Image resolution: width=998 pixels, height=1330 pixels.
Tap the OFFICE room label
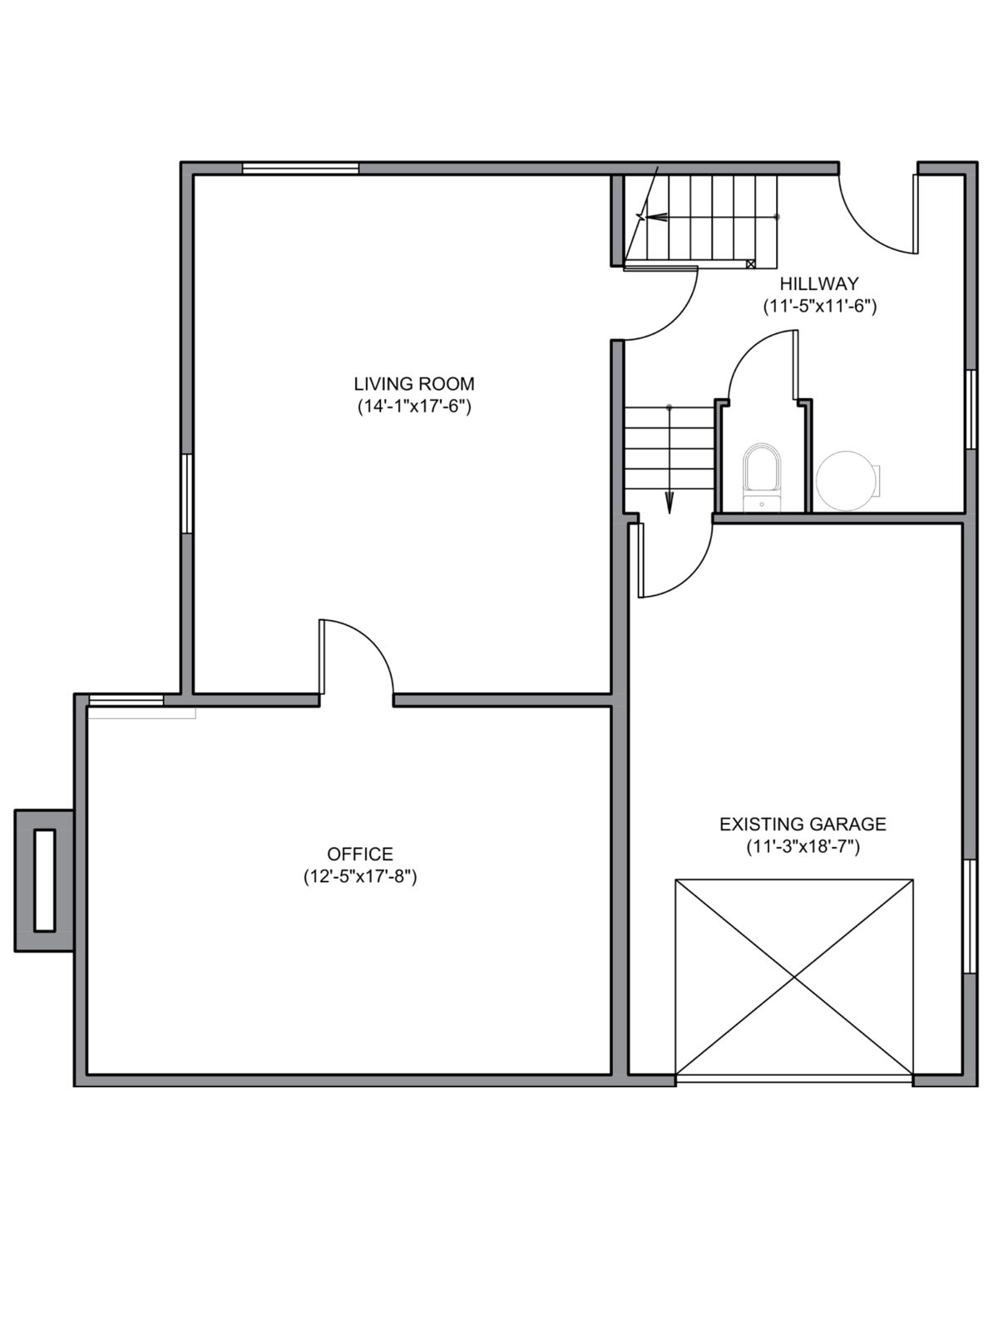point(359,854)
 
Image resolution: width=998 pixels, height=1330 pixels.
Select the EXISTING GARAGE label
point(803,824)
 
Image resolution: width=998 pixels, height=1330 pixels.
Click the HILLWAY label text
point(819,283)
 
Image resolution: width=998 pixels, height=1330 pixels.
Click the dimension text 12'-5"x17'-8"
point(359,876)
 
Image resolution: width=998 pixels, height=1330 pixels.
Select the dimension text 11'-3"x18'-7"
point(803,847)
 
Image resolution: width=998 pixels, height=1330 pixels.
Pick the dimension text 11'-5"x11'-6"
point(820,306)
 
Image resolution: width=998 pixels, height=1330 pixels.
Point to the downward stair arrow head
point(669,503)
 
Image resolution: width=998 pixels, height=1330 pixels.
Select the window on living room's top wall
point(300,168)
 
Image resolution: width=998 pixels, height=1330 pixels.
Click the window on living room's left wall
point(187,493)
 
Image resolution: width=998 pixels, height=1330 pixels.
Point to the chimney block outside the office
point(44,880)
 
